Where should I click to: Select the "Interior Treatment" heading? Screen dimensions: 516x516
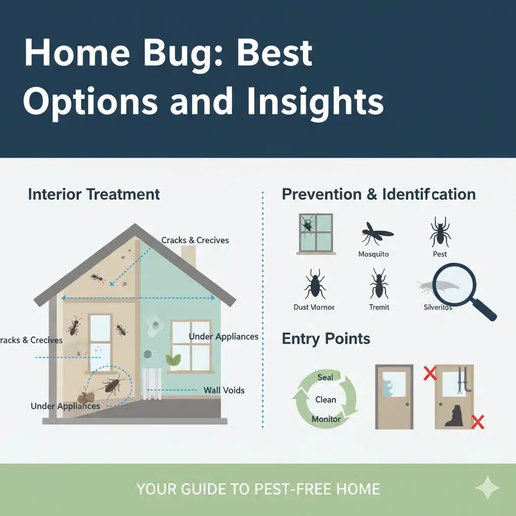tap(94, 194)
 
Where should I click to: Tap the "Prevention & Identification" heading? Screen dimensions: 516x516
tap(379, 194)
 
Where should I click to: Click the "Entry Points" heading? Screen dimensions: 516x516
tap(326, 339)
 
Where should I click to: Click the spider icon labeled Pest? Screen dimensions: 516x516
tap(440, 232)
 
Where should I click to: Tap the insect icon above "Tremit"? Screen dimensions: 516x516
tap(379, 283)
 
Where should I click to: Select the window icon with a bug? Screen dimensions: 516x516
tap(316, 234)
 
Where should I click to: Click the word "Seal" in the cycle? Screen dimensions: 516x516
tap(325, 377)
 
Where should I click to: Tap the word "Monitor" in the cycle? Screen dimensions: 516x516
tap(326, 419)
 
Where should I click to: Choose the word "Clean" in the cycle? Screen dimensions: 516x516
tap(326, 400)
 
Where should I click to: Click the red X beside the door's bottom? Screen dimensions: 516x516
tap(478, 422)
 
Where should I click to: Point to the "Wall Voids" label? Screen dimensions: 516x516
tap(224, 391)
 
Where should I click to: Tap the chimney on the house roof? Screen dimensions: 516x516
tap(188, 255)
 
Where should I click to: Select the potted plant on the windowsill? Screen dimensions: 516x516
tap(173, 362)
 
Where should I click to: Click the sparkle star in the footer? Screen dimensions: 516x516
tap(488, 488)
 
